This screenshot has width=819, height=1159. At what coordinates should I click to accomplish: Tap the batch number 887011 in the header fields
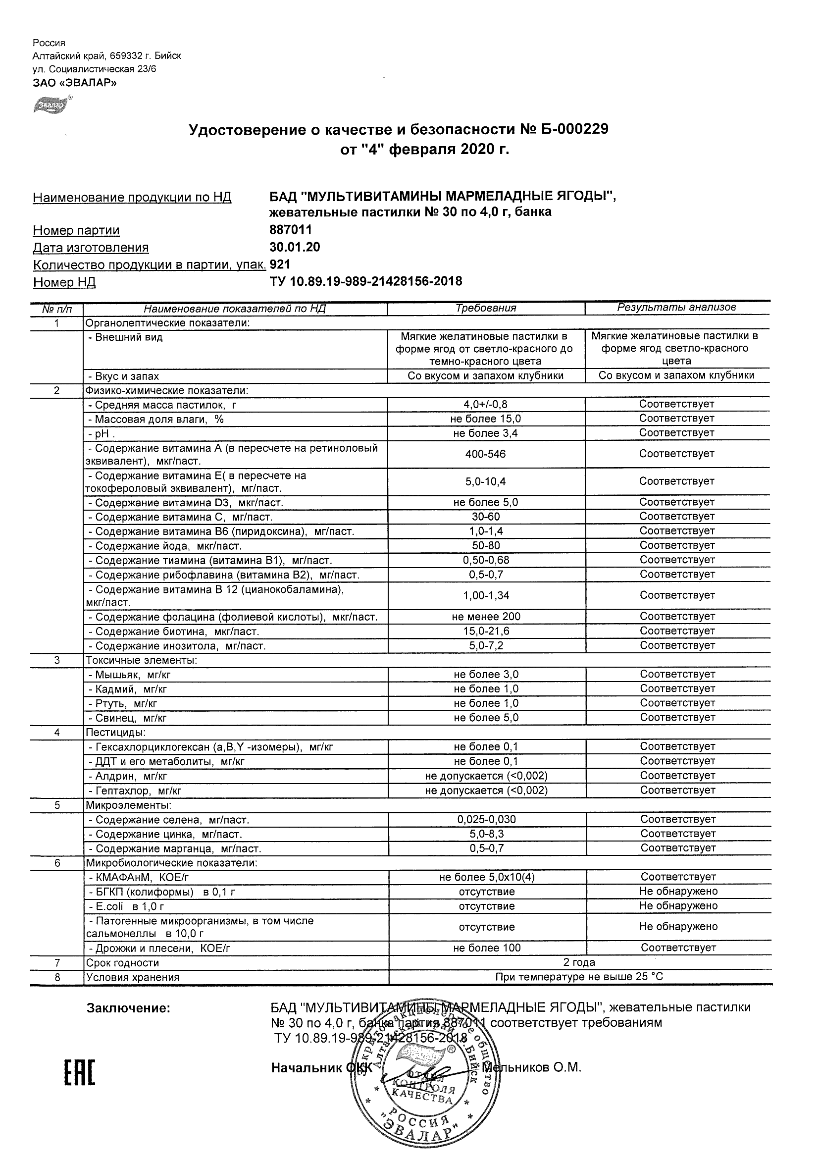click(x=291, y=230)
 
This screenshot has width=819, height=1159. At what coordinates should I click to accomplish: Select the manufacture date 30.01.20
click(x=295, y=247)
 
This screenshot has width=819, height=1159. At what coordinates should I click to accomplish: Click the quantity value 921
click(x=280, y=264)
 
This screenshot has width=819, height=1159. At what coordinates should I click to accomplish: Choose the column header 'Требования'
click(x=486, y=308)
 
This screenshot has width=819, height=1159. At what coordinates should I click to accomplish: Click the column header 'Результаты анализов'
click(x=676, y=307)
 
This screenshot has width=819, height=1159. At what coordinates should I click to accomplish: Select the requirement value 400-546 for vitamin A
click(x=485, y=454)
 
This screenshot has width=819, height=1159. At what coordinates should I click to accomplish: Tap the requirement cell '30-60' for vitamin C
click(x=486, y=517)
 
